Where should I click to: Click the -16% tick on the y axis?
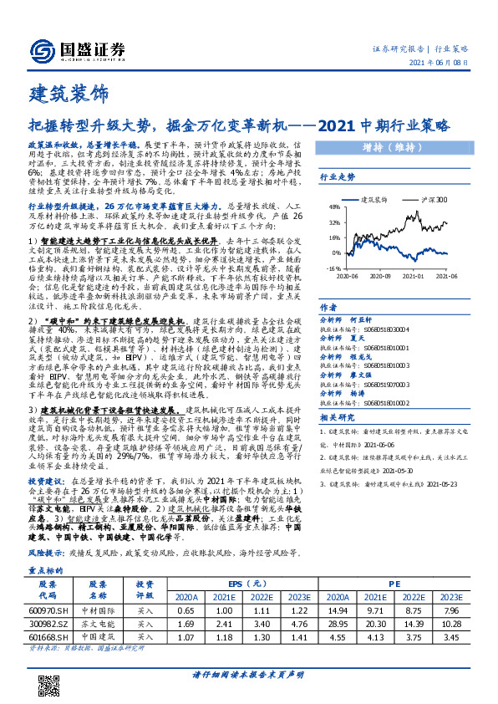point(333,267)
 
